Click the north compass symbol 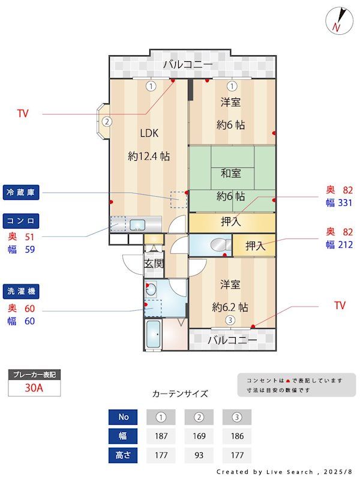pos(339,20)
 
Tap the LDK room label pos(149,133)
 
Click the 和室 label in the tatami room pos(230,173)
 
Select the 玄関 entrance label pos(154,263)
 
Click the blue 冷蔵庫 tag pos(21,192)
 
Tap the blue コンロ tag pos(21,221)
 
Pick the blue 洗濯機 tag pos(21,292)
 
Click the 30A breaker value pos(34,388)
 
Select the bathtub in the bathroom pos(153,335)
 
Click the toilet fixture pos(221,245)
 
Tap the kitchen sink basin pos(137,224)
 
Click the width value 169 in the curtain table pos(199,436)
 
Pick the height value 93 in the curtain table pos(199,455)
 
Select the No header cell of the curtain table pos(123,417)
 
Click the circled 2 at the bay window pos(107,122)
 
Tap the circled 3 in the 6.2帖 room pos(230,320)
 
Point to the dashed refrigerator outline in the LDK pos(179,200)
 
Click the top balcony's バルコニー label pos(188,65)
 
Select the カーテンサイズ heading pos(180,394)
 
